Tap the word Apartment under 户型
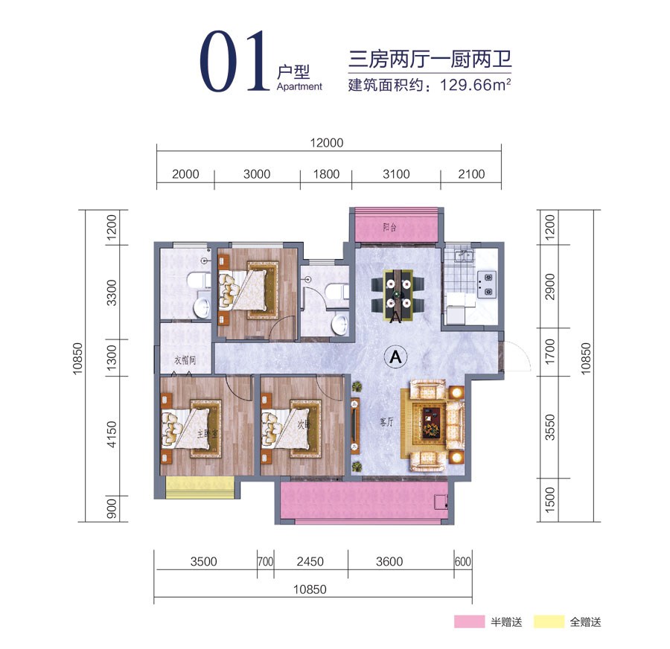point(299,86)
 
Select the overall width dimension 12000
point(327,144)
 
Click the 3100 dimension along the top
point(396,174)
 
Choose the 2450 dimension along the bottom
point(310,562)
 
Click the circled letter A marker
point(395,356)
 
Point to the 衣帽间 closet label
point(184,360)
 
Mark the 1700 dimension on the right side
point(550,352)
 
